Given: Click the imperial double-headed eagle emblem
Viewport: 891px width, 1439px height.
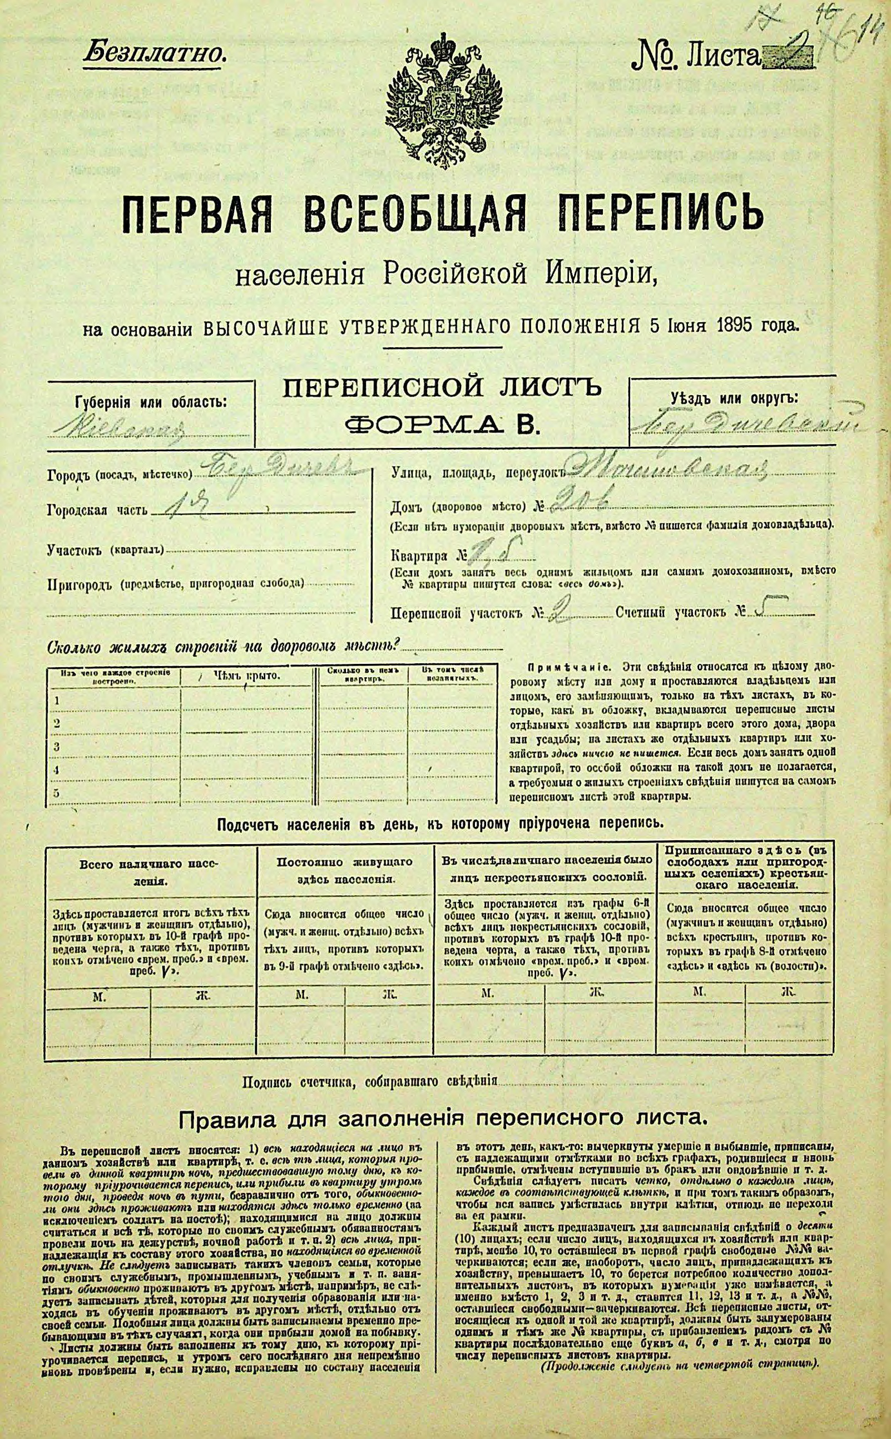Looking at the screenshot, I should [x=445, y=98].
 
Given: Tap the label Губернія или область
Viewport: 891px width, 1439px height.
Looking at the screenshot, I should [x=151, y=403].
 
